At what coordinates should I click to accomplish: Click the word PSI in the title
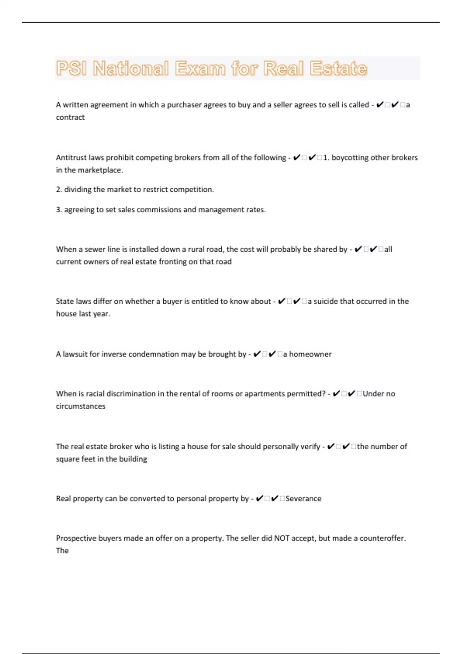(x=71, y=68)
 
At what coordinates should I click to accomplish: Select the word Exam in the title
(x=200, y=68)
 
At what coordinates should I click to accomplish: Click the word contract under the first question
(x=70, y=117)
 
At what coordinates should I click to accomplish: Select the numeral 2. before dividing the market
(x=59, y=190)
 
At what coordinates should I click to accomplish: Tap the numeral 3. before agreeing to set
(x=59, y=210)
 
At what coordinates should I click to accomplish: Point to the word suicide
(x=326, y=301)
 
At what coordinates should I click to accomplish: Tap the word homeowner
(x=310, y=354)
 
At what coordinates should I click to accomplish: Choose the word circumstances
(x=80, y=406)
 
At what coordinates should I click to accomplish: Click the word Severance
(x=303, y=499)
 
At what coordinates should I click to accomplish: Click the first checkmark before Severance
(x=259, y=499)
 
